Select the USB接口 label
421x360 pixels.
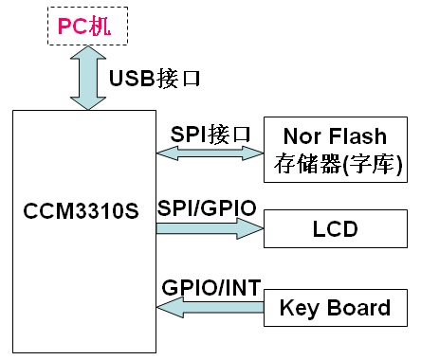coord(155,78)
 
